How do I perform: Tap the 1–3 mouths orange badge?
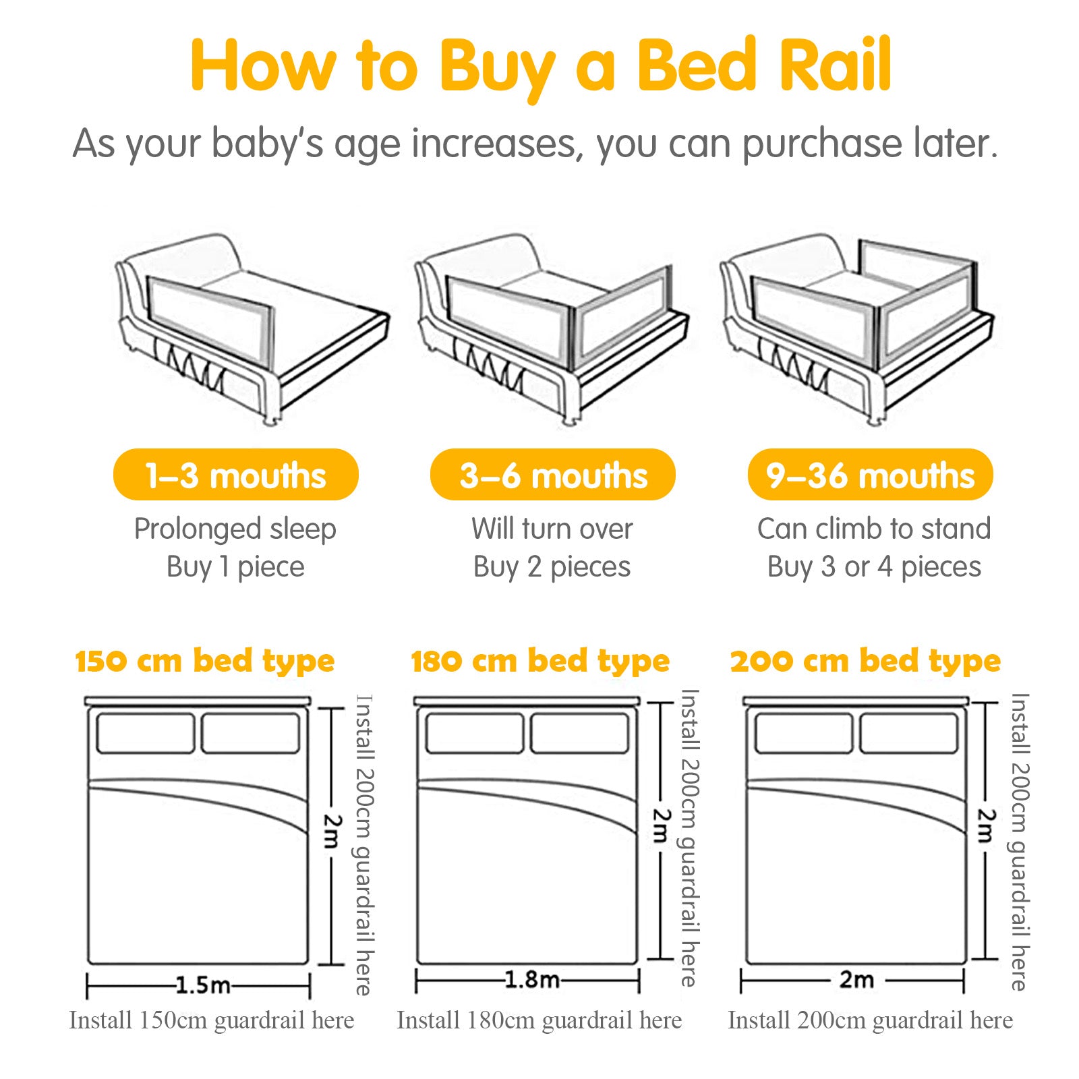click(x=235, y=475)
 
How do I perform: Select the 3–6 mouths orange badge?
click(x=553, y=475)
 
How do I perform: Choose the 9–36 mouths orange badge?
click(x=870, y=475)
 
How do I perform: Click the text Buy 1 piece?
click(x=235, y=566)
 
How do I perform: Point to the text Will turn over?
click(x=552, y=529)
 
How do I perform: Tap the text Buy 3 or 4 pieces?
click(x=874, y=566)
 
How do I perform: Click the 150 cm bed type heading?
click(x=205, y=662)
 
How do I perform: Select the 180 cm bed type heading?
click(x=540, y=662)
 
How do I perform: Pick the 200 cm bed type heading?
click(x=865, y=662)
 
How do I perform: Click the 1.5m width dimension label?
click(x=203, y=985)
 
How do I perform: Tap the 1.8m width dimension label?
click(x=532, y=979)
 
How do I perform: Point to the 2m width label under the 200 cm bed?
click(x=856, y=979)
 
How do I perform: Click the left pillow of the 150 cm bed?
click(x=146, y=733)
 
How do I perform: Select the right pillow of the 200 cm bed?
click(x=909, y=733)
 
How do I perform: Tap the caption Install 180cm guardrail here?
click(x=539, y=1020)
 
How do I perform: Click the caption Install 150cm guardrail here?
click(x=212, y=1020)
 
